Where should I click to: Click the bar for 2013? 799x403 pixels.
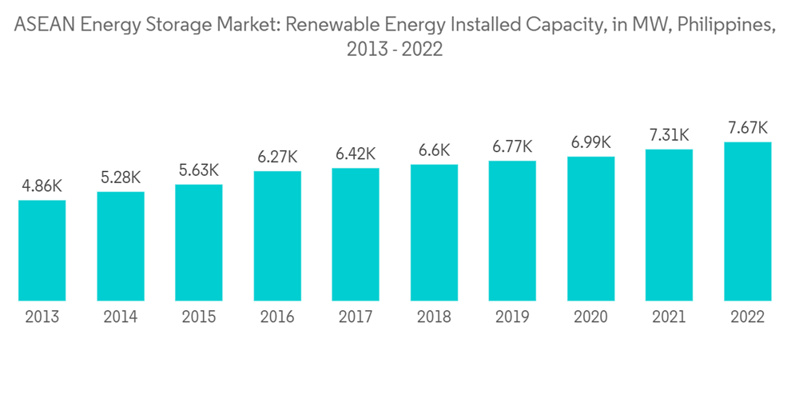(42, 250)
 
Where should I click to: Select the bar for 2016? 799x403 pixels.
(277, 236)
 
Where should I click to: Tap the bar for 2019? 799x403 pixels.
(512, 231)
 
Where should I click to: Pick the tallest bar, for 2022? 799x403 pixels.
(747, 221)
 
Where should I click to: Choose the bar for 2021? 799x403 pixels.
(669, 225)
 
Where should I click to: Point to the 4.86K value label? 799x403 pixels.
(42, 186)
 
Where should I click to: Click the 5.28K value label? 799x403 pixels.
(121, 178)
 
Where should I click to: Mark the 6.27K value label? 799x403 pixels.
(277, 157)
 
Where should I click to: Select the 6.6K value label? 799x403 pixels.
(434, 150)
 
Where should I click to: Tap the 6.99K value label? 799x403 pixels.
(590, 142)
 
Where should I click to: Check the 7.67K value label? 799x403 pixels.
(747, 128)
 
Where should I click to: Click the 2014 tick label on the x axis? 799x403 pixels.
(121, 317)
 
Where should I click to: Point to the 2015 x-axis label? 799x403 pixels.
(199, 317)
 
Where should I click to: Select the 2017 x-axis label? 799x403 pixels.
(356, 317)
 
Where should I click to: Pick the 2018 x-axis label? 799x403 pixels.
(434, 317)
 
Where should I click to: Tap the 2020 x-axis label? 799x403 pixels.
(590, 317)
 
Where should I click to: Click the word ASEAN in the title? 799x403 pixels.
(43, 25)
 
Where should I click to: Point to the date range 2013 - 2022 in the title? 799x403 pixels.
(395, 50)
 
